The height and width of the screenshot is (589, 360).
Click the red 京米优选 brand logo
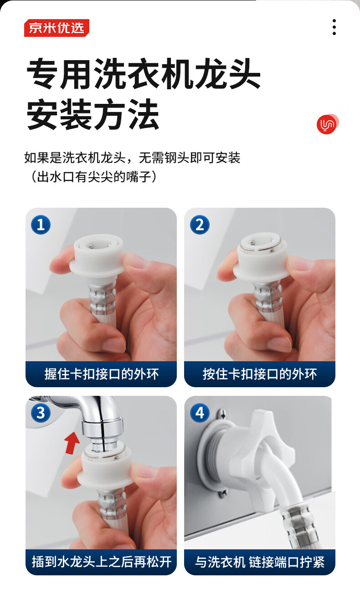[57, 28]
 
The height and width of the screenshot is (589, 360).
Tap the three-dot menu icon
[334, 27]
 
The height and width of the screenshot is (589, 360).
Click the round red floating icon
[327, 124]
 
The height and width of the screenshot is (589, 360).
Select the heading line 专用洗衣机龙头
[144, 73]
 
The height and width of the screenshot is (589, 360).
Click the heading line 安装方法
[93, 114]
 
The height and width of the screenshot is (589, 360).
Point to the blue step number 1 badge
[41, 225]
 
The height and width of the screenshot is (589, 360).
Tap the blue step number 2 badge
[200, 225]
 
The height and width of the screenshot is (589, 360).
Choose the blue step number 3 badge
[41, 413]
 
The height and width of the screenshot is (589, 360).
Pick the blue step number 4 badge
[200, 413]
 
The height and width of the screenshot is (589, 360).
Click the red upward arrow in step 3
[72, 443]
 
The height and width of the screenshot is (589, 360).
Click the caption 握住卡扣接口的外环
[102, 374]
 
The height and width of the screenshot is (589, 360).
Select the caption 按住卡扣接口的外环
[260, 374]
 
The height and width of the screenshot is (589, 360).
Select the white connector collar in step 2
[261, 255]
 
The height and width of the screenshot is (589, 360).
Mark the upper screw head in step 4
[222, 414]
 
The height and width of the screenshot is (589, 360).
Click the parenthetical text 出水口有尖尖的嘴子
[94, 177]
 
